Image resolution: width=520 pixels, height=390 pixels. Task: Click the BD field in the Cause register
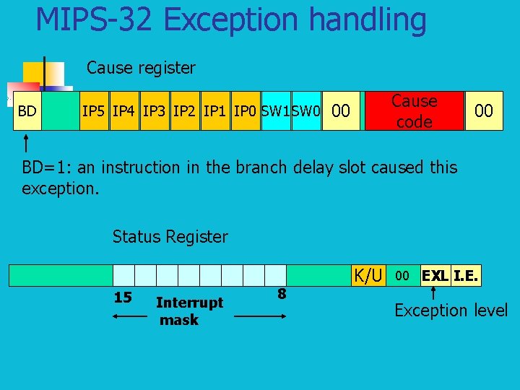pos(27,111)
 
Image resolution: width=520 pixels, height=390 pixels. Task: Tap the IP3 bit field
pos(154,111)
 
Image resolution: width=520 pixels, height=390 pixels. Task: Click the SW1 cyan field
pos(275,111)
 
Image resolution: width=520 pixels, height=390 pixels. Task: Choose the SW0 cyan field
pos(305,111)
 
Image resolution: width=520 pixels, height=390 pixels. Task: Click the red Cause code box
pos(414,111)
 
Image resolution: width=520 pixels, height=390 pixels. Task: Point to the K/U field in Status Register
pos(368,275)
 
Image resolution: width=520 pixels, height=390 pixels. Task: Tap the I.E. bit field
pos(467,275)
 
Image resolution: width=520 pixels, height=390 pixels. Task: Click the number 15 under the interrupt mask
pos(123,297)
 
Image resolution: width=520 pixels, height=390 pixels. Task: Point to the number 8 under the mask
pos(282,293)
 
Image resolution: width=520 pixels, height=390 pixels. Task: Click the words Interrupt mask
pos(188,311)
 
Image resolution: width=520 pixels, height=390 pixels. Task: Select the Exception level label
pos(451,311)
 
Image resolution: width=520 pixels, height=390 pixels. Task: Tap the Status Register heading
pos(170,236)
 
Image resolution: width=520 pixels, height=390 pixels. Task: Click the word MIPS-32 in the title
pos(93,20)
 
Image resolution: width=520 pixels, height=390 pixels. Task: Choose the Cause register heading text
pos(141,68)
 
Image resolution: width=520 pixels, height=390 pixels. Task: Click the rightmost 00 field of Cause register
pos(483,111)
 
